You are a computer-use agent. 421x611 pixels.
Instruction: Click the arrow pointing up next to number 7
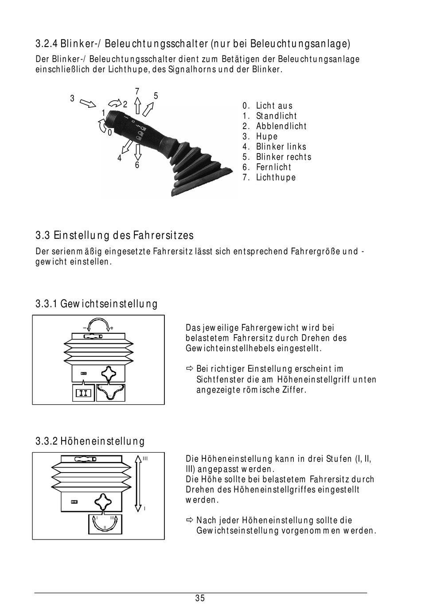[137, 106]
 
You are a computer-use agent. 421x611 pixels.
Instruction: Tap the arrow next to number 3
[88, 103]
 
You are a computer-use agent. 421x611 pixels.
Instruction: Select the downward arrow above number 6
[137, 152]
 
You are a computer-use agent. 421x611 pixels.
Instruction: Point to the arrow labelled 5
[149, 108]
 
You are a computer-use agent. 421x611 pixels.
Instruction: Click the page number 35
[200, 598]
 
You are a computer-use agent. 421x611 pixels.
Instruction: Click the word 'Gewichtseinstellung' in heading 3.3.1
[109, 304]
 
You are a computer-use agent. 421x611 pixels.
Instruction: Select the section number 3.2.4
[46, 44]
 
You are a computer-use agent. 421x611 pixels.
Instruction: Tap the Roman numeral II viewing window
[83, 393]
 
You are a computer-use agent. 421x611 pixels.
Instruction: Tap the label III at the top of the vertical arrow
[145, 459]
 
